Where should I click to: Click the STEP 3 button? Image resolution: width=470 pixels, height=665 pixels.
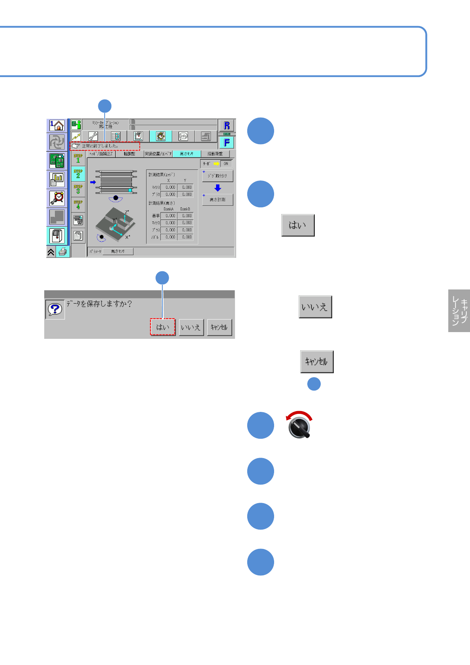[78, 190]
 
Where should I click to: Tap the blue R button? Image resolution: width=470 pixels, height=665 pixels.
[227, 126]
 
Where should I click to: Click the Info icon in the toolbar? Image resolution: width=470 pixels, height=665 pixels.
[183, 136]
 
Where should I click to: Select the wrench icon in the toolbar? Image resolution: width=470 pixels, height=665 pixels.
[93, 136]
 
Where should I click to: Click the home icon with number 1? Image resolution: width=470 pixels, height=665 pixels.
[57, 126]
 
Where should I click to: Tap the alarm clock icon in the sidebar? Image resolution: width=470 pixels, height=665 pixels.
[57, 198]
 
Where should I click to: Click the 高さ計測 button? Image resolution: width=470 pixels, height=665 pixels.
[217, 200]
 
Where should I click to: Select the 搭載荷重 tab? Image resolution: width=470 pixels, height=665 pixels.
[215, 154]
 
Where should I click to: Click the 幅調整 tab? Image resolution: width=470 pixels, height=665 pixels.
[129, 154]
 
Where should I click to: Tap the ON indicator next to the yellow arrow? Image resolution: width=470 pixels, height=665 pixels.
[226, 163]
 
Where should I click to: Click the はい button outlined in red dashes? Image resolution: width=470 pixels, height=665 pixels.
[162, 327]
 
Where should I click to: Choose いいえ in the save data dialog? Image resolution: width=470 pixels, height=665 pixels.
[191, 327]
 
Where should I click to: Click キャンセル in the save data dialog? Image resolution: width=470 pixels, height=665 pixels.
[219, 327]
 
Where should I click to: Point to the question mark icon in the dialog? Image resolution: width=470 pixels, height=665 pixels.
[55, 309]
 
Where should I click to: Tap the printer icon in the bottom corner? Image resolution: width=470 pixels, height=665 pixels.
[63, 252]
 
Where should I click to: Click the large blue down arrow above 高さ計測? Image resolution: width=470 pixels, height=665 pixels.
[218, 188]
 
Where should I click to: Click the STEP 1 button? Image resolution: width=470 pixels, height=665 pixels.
[78, 159]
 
